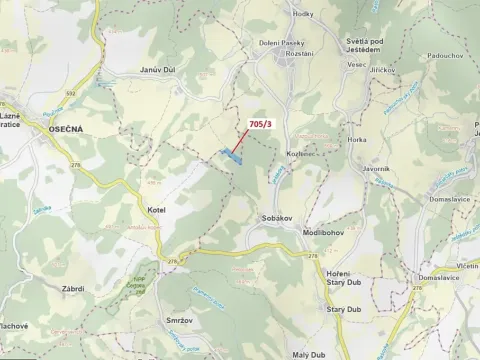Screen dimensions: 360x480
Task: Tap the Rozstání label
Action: [x=300, y=54]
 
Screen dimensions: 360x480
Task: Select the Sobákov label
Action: [x=275, y=217]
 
